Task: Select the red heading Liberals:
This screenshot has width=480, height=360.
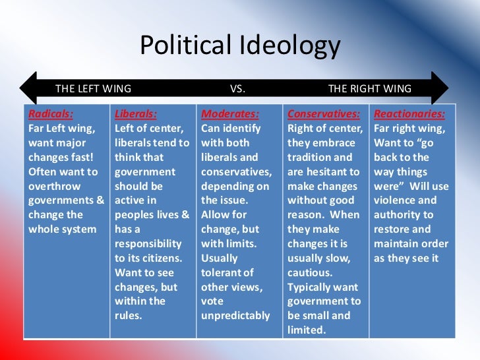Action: click(135, 113)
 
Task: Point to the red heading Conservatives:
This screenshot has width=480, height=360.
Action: click(323, 113)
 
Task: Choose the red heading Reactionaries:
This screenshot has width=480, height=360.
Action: click(409, 113)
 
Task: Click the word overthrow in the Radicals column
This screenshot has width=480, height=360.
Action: click(55, 186)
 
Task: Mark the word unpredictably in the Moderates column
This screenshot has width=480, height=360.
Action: click(235, 315)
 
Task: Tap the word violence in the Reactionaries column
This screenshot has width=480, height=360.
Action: click(395, 200)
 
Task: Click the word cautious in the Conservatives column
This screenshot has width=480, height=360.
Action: click(309, 272)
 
